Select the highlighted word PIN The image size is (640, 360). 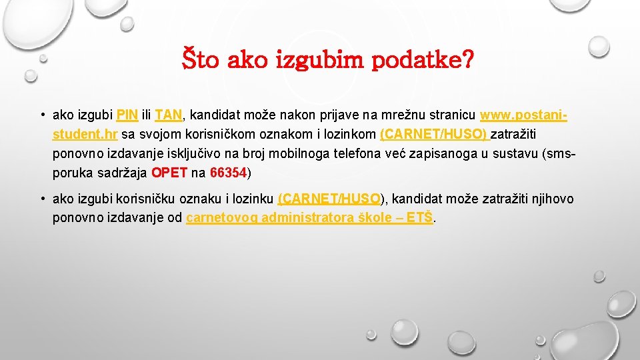[x=127, y=115]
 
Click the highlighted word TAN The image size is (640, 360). [x=168, y=115]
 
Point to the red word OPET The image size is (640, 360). [x=169, y=173]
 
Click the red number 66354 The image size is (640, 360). [x=228, y=173]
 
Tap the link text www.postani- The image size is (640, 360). [x=523, y=115]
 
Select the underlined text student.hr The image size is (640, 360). [x=85, y=134]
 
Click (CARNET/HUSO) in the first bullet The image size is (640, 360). [x=433, y=134]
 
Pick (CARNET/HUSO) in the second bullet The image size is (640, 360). [x=330, y=199]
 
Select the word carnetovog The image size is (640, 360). [x=223, y=217]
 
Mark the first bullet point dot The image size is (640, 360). [x=42, y=115]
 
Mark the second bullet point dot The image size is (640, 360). [x=42, y=199]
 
